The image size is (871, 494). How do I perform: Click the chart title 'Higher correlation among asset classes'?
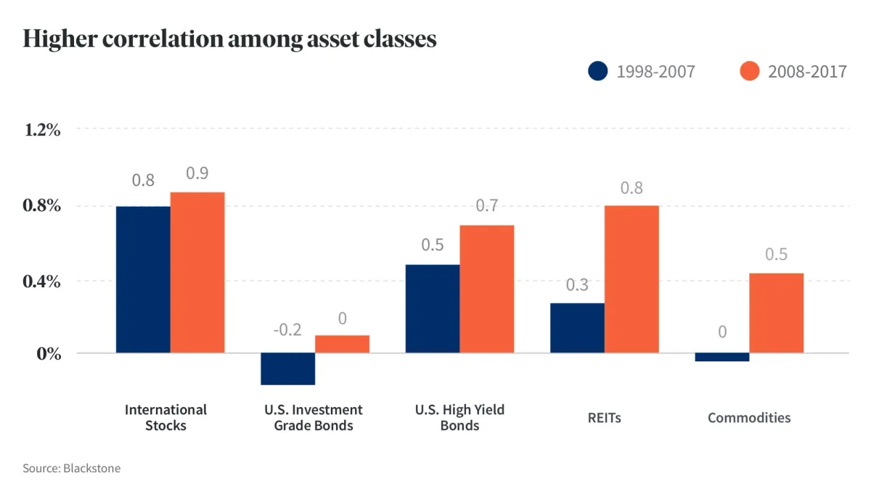click(229, 38)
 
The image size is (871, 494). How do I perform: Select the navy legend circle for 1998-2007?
click(597, 71)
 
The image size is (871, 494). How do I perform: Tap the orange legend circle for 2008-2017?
click(749, 71)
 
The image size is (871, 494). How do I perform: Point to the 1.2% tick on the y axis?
click(42, 130)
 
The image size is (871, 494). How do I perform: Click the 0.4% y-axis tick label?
click(42, 281)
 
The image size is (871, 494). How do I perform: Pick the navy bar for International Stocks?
click(143, 280)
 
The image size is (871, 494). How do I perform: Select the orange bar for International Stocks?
click(197, 273)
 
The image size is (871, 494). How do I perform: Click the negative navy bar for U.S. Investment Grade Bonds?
click(287, 369)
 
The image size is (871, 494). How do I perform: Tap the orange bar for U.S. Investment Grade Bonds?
click(342, 344)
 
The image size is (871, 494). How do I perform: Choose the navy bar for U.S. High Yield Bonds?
click(433, 309)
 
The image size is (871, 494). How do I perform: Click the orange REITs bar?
click(631, 279)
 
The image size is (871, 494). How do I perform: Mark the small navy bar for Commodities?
click(722, 357)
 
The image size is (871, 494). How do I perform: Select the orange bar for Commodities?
click(776, 313)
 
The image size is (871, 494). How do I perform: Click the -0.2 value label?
click(287, 329)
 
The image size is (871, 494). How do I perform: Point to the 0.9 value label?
click(197, 173)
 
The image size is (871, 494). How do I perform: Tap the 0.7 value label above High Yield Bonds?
click(486, 206)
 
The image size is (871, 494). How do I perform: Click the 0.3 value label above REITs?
click(577, 284)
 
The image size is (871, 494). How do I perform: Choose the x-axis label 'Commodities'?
click(749, 418)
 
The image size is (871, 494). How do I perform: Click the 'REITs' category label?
click(604, 418)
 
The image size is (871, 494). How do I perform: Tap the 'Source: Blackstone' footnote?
click(72, 469)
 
